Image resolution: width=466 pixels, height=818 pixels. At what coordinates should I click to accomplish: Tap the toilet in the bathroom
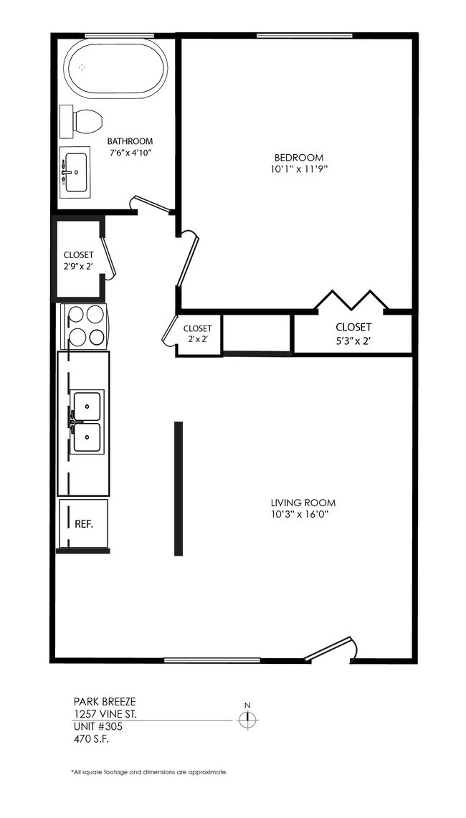click(81, 122)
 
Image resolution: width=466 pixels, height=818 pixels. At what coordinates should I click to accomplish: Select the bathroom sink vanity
click(75, 172)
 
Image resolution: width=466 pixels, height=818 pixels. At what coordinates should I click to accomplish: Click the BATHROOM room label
click(130, 141)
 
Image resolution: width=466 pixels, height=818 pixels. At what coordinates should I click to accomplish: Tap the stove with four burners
click(85, 325)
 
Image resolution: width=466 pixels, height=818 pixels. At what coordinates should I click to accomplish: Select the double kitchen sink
click(87, 421)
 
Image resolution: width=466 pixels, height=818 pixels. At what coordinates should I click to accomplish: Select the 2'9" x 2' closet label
click(78, 260)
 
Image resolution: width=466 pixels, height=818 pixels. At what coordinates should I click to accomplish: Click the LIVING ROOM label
click(303, 503)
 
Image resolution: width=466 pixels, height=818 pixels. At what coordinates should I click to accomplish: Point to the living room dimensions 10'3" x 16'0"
click(303, 515)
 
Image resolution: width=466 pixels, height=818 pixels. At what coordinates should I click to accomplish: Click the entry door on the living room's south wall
click(330, 647)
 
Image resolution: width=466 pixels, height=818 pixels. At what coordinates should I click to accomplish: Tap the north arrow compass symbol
click(247, 718)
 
